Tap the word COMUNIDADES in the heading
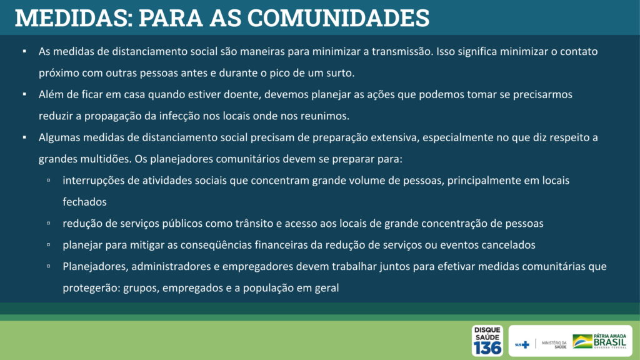point(338,18)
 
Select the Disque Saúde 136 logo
point(487,341)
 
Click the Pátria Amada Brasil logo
point(599,341)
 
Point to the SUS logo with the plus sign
point(522,344)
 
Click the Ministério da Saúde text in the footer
point(554,344)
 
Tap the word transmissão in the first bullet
point(401,51)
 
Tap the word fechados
point(84,202)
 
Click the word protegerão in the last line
point(91,288)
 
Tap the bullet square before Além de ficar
point(24,94)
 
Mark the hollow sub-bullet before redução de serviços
point(49,223)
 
